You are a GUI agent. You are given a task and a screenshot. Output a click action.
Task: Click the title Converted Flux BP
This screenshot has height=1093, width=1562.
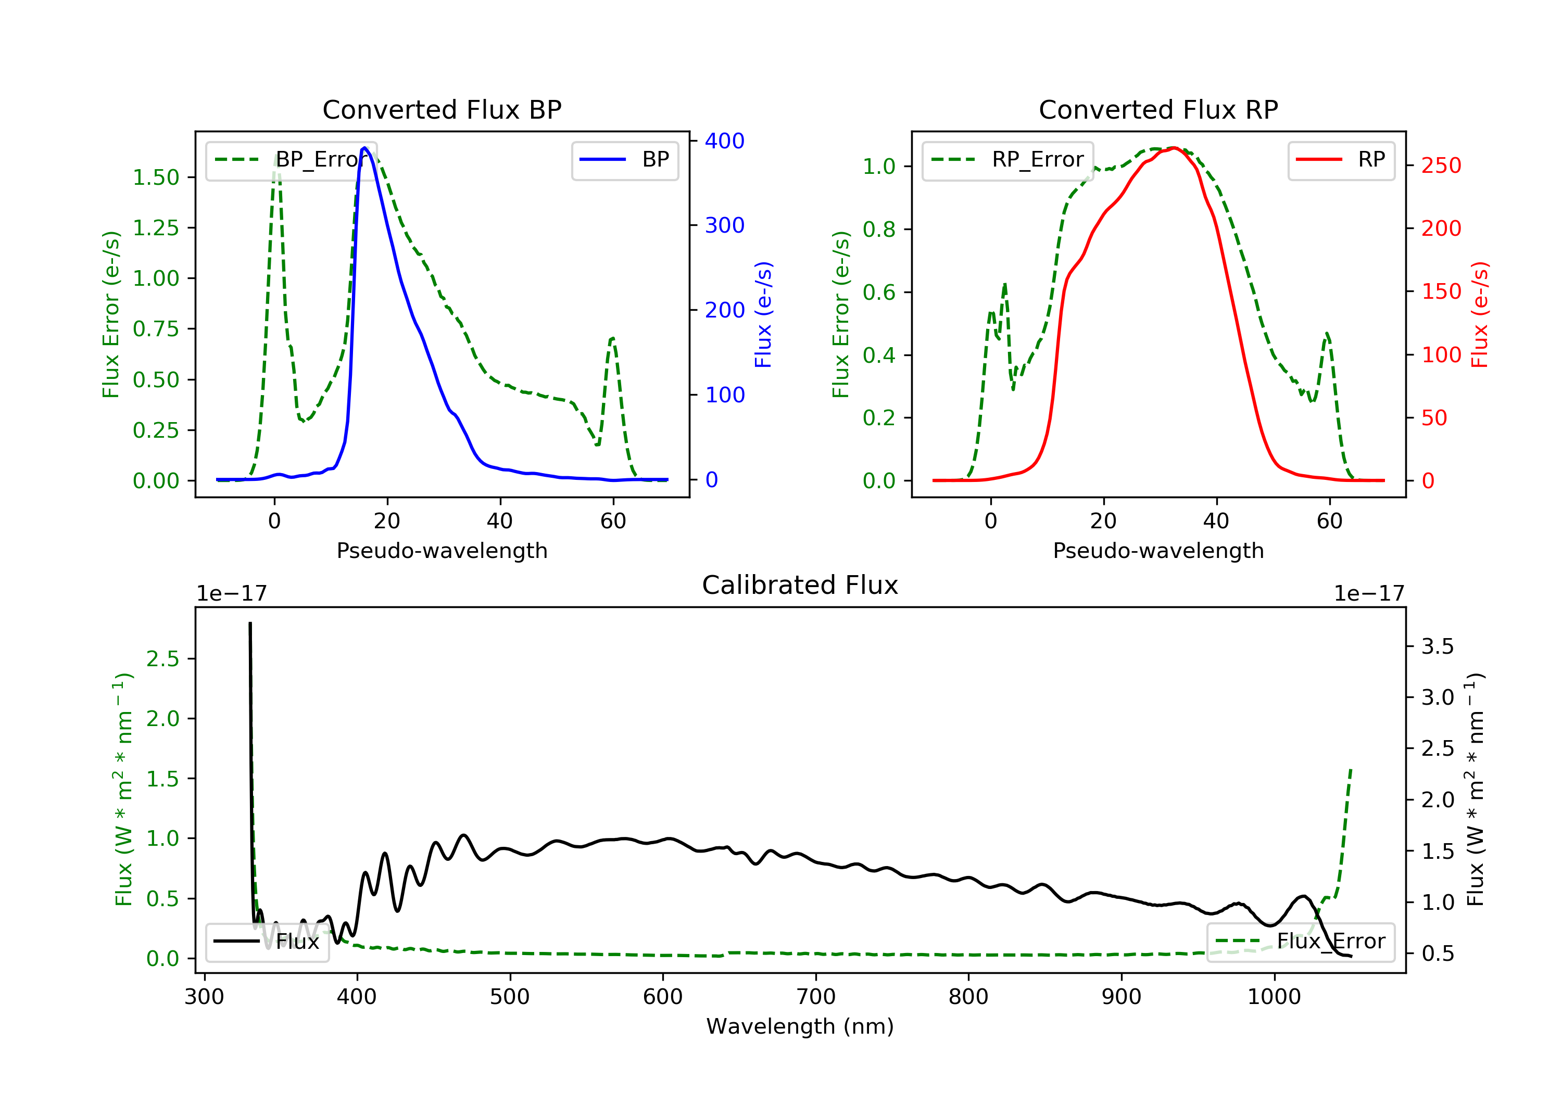pyautogui.click(x=442, y=109)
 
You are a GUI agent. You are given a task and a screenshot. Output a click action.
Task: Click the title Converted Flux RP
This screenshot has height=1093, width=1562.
pyautogui.click(x=1158, y=109)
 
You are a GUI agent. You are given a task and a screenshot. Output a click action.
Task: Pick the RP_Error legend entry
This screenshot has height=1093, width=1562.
pyautogui.click(x=1007, y=160)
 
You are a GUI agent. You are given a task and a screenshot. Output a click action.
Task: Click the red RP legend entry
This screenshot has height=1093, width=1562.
pyautogui.click(x=1341, y=160)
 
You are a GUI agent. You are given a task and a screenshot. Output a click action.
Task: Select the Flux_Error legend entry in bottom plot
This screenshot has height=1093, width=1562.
pyautogui.click(x=1300, y=942)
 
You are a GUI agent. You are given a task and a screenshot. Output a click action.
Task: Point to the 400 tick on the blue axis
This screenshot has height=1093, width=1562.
pyautogui.click(x=724, y=141)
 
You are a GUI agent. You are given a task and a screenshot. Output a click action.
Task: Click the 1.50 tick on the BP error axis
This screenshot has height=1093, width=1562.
pyautogui.click(x=156, y=177)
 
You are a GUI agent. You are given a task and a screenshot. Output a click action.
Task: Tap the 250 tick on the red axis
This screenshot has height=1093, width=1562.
pyautogui.click(x=1441, y=166)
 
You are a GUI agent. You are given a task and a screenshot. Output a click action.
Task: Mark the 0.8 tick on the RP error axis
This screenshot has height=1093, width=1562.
pyautogui.click(x=879, y=229)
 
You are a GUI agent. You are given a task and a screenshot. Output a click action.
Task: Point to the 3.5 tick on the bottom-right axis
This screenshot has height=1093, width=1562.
pyautogui.click(x=1437, y=646)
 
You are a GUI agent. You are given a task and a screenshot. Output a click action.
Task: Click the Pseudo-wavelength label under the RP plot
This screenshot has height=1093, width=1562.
pyautogui.click(x=1158, y=550)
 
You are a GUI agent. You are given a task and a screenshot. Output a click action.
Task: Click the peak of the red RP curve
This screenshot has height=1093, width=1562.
pyautogui.click(x=1174, y=148)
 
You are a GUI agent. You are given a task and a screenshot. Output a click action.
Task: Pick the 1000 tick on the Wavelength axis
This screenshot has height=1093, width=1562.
pyautogui.click(x=1274, y=997)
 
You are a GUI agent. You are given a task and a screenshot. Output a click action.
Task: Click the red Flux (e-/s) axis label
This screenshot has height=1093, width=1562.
pyautogui.click(x=1479, y=314)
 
